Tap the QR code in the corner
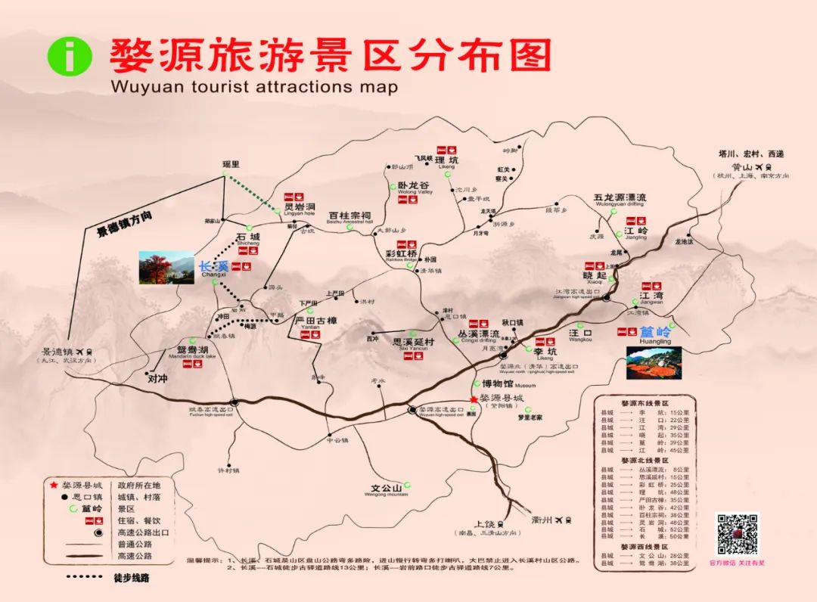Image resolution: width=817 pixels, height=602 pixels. [x=737, y=534]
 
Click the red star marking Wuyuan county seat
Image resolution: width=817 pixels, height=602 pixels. [x=474, y=399]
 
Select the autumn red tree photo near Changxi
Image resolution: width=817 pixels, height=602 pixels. [x=166, y=268]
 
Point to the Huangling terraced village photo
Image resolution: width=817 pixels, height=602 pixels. [x=654, y=363]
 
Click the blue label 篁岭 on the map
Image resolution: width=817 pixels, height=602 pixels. [x=656, y=332]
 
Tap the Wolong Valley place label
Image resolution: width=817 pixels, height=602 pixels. [x=413, y=186]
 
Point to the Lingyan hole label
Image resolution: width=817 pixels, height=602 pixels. [x=300, y=207]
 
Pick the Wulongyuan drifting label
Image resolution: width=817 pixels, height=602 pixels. [x=620, y=200]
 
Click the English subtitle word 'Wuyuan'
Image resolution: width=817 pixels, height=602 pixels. [x=138, y=86]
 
